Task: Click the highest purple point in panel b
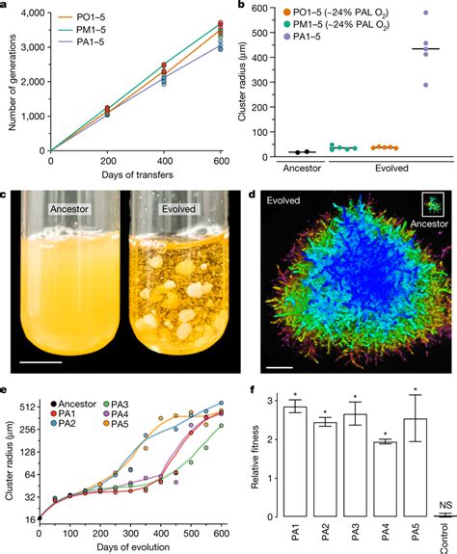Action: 427,13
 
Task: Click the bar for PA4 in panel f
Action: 383,479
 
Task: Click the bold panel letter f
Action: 252,392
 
